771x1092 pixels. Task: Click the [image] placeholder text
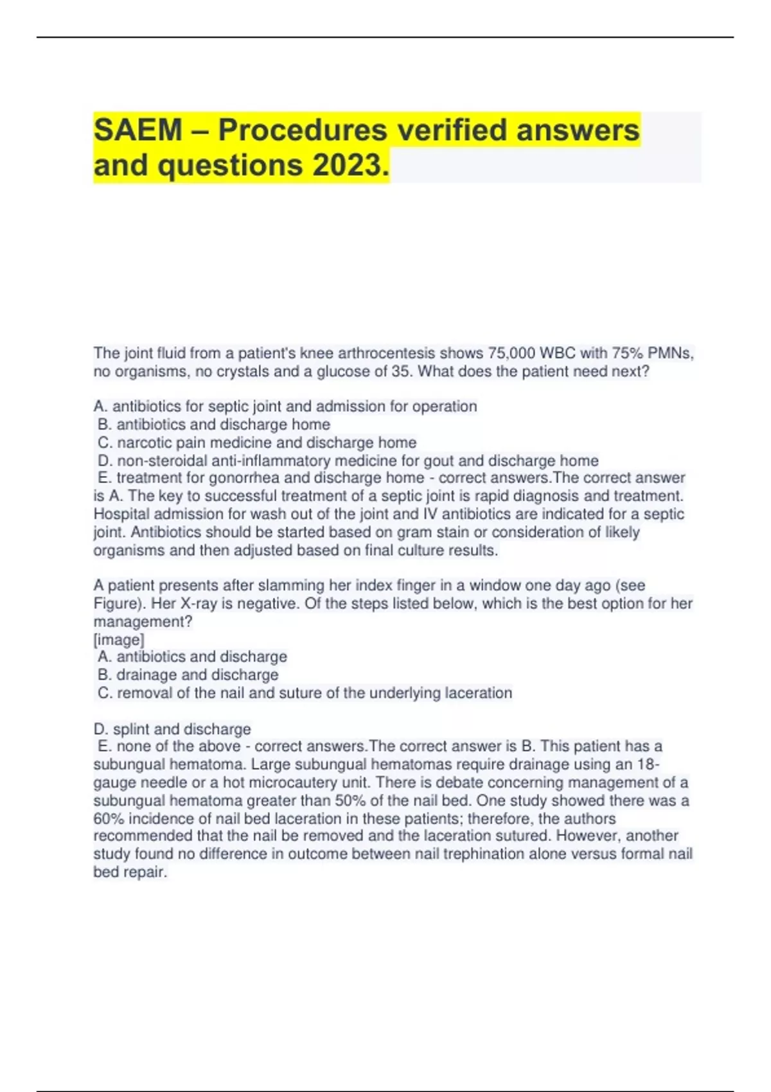(x=119, y=640)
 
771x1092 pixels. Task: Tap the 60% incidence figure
(x=109, y=818)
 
